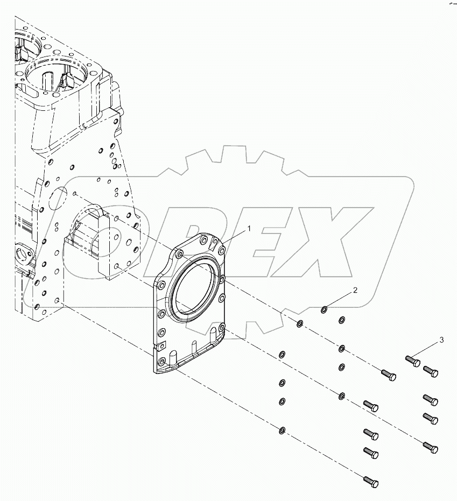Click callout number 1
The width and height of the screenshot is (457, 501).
coord(249,229)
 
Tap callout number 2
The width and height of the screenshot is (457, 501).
coord(355,291)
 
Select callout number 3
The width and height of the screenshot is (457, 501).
coord(441,340)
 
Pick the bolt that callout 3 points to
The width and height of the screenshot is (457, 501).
coord(412,360)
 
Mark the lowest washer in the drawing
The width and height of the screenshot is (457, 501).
coord(282,429)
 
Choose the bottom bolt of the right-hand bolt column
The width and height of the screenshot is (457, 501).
coord(431,447)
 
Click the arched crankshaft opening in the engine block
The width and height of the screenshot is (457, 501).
coord(97,226)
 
